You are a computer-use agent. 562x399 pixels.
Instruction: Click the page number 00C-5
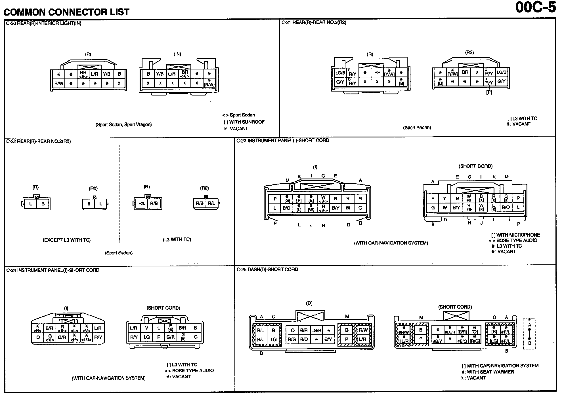click(535, 8)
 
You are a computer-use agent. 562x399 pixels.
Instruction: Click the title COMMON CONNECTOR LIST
click(66, 12)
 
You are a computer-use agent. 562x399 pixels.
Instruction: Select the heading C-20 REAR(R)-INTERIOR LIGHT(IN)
click(44, 24)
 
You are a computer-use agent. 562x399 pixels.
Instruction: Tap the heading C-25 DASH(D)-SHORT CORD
click(267, 269)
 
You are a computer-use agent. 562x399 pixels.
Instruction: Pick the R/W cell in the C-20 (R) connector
click(59, 84)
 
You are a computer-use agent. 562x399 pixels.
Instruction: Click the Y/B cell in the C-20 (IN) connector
click(160, 74)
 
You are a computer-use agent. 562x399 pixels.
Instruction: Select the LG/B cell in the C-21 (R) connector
click(340, 73)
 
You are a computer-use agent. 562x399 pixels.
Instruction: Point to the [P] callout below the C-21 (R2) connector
click(489, 92)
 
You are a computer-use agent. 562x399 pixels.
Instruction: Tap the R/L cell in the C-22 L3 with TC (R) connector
click(142, 203)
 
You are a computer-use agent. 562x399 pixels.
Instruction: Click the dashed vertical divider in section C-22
click(119, 193)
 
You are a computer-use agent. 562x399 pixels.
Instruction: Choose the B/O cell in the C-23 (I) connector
click(286, 208)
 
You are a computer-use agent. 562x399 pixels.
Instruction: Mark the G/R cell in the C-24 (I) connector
click(62, 338)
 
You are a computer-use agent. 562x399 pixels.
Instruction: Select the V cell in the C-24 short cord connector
click(146, 328)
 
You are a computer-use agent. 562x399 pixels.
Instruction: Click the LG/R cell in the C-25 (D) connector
click(316, 330)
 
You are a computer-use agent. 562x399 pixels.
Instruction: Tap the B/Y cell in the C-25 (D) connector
click(328, 339)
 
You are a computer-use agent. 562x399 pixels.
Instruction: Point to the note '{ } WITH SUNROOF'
click(244, 122)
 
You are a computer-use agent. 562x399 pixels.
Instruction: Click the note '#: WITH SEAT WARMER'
click(487, 372)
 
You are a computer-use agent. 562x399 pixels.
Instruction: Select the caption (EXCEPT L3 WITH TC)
click(66, 240)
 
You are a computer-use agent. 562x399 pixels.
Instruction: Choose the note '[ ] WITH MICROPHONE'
click(515, 235)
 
